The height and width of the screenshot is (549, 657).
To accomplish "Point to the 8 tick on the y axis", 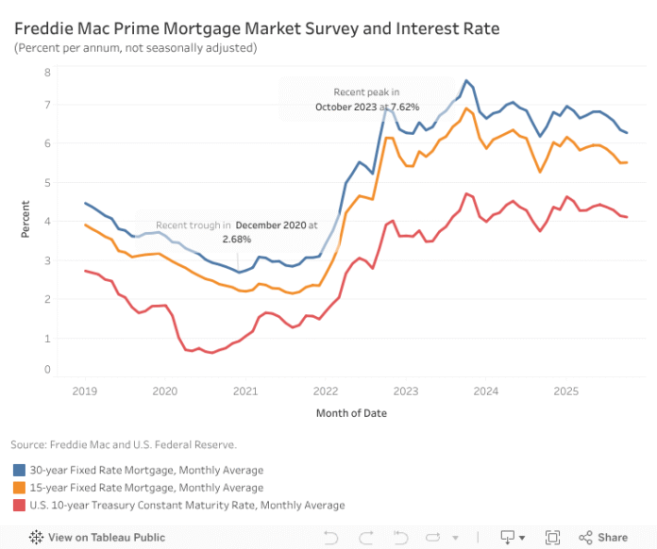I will pos(48,72).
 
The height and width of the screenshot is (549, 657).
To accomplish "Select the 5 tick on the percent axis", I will pos(48,182).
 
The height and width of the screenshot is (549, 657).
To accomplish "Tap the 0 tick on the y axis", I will pos(48,369).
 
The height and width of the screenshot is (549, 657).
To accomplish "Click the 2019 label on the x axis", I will pos(85,390).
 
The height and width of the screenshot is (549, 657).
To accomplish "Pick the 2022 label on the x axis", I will pos(326,390).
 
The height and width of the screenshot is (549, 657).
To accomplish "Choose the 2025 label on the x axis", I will pos(566,390).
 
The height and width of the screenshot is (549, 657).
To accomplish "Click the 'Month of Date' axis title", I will pos(352,413).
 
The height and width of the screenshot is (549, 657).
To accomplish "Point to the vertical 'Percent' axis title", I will pos(25,220).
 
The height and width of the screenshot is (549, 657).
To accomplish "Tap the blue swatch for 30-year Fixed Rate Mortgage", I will pos(19,470).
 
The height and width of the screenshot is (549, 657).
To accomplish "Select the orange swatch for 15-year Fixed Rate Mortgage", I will pos(19,488).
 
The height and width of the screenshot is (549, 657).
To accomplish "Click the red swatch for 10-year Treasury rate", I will pos(19,506).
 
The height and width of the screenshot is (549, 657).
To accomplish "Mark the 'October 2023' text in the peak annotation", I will pos(345,108).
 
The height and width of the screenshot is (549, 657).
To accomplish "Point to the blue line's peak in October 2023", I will pos(466,81).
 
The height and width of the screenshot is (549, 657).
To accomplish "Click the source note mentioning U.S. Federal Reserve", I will pos(124,443).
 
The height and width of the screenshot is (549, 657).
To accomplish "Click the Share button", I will pos(603,537).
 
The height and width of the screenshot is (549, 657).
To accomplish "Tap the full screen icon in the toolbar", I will pos(551,537).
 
